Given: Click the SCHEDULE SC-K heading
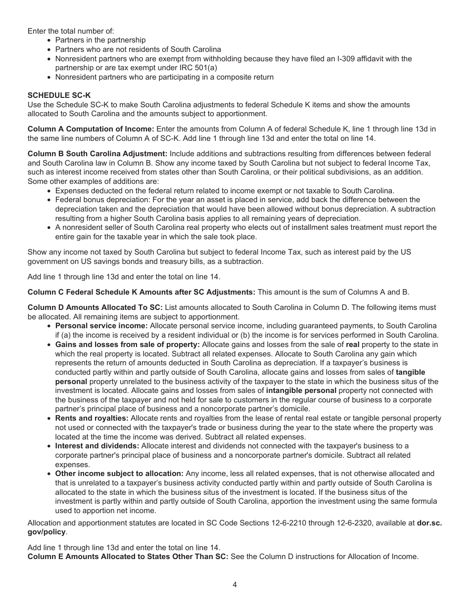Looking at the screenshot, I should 59,95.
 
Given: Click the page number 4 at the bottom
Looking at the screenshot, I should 235,584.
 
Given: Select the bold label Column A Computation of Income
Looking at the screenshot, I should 91,129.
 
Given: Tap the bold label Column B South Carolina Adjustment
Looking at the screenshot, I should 97,154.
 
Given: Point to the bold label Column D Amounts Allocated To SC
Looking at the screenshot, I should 95,307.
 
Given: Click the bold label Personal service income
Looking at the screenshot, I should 101,326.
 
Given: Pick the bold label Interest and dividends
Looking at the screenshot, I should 97,446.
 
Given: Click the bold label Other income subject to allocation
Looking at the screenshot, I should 119,474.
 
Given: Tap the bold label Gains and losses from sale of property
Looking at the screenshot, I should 127,345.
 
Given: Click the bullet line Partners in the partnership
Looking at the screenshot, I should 100,40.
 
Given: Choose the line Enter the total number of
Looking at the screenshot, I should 71,31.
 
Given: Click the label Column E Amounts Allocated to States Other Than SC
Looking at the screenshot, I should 128,557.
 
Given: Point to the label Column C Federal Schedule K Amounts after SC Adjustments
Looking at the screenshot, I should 141,292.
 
